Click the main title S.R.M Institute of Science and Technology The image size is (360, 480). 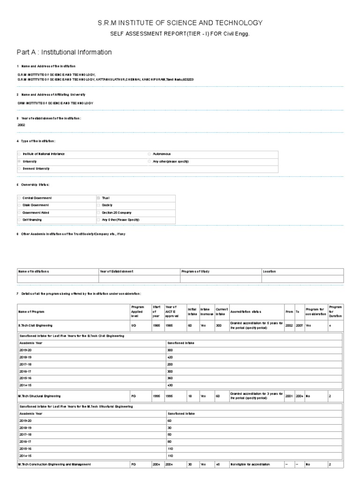tap(180, 22)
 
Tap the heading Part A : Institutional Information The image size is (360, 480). tap(64, 52)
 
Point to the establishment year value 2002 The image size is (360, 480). tap(22, 125)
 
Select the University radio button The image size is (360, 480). tap(19, 161)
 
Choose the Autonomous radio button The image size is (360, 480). tap(150, 154)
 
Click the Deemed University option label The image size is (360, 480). tap(36, 168)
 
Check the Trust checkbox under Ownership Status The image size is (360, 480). tap(98, 198)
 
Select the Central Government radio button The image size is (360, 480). tap(19, 198)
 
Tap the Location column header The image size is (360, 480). tap(270, 271)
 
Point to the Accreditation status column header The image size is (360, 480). tap(246, 311)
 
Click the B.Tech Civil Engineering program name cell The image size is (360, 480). tap(36, 325)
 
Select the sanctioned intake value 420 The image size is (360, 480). tap(170, 357)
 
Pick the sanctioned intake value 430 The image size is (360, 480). tap(170, 385)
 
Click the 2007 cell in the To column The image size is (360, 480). tap(298, 325)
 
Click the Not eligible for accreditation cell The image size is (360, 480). tap(250, 464)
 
